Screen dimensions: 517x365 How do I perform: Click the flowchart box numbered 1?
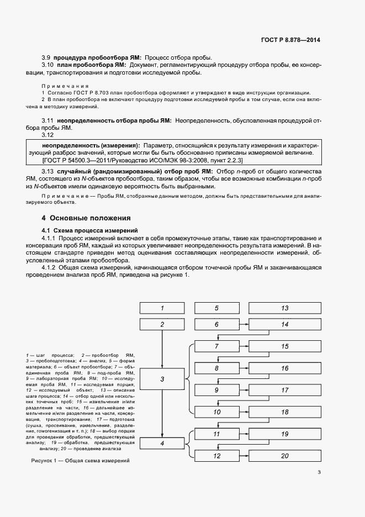tap(162, 308)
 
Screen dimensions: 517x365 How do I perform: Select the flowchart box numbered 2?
tap(162, 325)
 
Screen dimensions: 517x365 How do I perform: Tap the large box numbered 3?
tap(162, 379)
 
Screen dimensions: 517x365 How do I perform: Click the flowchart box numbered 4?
tap(162, 443)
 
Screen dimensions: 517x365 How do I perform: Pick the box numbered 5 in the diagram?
tap(216, 308)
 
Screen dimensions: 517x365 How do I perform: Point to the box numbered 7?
tap(216, 346)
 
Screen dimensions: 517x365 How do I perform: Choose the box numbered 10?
tap(216, 412)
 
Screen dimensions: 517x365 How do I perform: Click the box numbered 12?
tap(216, 456)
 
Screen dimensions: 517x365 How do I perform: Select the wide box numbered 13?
tap(285, 308)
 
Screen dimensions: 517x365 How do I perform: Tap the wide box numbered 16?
tap(285, 368)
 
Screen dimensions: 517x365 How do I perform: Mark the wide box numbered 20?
tap(285, 456)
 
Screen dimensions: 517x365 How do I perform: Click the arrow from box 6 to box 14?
tap(242, 325)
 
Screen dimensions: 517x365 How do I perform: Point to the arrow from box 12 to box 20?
tap(242, 456)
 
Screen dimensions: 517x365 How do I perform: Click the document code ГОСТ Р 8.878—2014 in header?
tap(291, 40)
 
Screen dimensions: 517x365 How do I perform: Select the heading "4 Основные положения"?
tap(87, 218)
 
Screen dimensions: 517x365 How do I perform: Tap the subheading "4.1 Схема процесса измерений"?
tap(89, 229)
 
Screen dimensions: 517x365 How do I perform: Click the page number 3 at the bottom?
tap(319, 472)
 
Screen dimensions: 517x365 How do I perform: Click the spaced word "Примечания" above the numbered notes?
tap(65, 86)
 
